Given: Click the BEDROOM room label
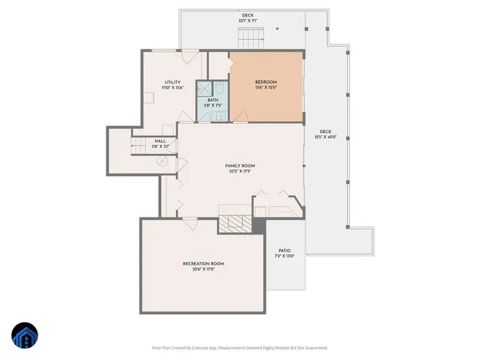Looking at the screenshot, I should point(266,82).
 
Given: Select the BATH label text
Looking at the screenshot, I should point(213,100).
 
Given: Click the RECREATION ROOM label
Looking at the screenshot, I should point(204,263).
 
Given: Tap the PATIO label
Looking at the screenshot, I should point(284,250).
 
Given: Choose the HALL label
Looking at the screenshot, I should point(160,140).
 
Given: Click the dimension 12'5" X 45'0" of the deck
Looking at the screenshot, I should point(325,136).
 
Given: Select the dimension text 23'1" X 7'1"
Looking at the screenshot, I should point(247,20).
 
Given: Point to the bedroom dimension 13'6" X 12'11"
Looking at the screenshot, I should point(266,88).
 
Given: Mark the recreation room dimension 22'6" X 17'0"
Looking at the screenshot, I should point(204,269).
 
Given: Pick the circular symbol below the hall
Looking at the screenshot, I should point(160,161).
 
